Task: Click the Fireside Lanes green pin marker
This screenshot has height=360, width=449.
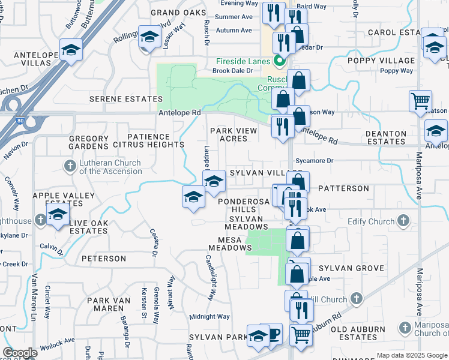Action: coord(279,61)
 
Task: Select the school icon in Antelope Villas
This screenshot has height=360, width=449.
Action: coord(71,50)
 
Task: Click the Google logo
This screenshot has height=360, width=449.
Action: coord(20,353)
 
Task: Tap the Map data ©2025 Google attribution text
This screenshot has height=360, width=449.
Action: coord(411,355)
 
